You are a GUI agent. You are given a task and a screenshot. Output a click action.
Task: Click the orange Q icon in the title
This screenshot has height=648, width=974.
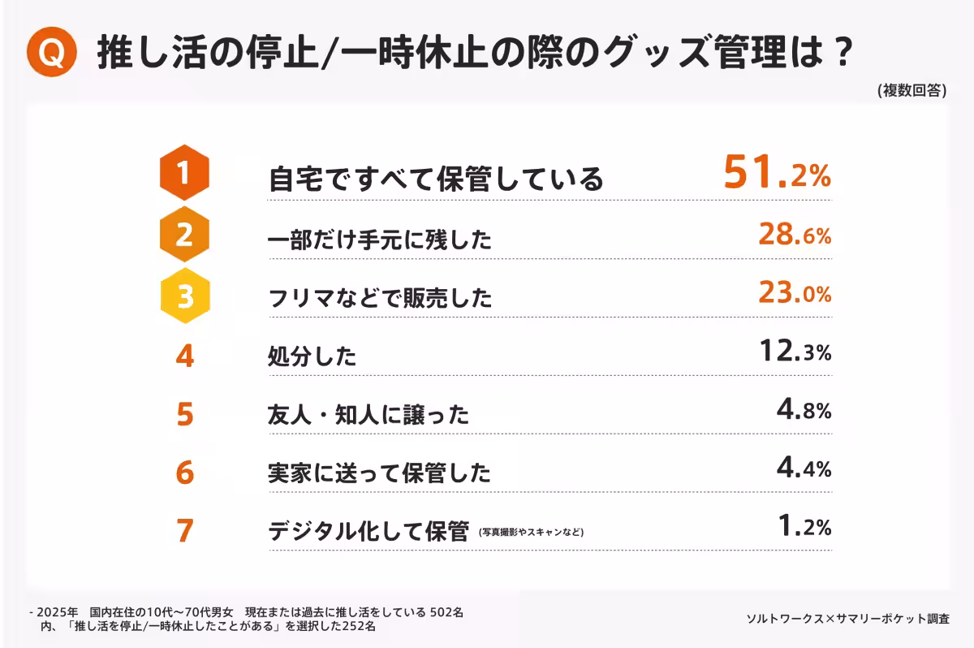[x=51, y=54]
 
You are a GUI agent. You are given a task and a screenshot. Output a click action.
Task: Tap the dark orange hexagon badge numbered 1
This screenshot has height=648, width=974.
[x=185, y=172]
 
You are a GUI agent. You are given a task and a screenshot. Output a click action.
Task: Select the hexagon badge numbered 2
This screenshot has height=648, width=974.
[x=185, y=235]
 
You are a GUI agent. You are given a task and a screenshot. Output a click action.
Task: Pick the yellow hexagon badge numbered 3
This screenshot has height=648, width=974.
[x=185, y=296]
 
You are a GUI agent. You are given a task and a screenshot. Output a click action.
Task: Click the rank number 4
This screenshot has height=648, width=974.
[x=185, y=356]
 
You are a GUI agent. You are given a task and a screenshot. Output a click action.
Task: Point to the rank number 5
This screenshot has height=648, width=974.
[x=185, y=414]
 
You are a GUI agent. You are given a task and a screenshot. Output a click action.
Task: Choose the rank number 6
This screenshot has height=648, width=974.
[x=185, y=472]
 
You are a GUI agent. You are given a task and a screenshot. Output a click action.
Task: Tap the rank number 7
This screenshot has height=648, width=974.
[x=185, y=530]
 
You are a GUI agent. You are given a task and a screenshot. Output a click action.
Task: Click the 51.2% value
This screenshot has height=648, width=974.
[x=777, y=174]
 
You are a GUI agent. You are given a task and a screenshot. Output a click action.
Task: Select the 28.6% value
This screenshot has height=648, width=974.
[x=795, y=235]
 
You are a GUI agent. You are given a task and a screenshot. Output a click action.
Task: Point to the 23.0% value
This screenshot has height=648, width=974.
[x=795, y=293]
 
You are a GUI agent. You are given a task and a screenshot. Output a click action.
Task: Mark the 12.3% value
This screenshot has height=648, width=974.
[x=795, y=352]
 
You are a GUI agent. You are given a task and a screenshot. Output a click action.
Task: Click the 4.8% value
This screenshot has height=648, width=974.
[x=804, y=410]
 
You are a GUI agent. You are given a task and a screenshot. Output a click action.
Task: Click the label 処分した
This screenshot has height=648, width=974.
[x=312, y=356]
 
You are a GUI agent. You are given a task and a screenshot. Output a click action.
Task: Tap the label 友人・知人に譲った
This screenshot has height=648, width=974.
[x=368, y=415]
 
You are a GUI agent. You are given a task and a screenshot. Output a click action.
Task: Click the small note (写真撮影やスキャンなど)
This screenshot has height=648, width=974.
[x=531, y=533]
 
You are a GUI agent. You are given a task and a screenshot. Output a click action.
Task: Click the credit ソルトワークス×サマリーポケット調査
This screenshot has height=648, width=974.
[x=847, y=619]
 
